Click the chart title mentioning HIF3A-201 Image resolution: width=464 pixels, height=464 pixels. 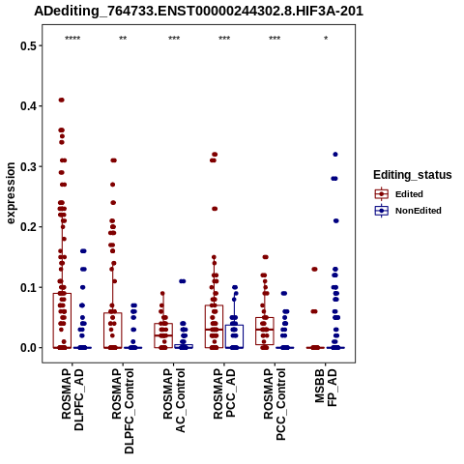199,12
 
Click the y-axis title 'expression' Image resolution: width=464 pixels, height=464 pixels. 11,193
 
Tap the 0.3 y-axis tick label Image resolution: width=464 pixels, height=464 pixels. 28,166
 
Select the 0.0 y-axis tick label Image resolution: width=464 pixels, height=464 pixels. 28,348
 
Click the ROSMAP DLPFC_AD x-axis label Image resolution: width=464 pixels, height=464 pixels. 72,399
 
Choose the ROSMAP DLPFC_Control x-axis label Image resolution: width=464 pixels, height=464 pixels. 123,411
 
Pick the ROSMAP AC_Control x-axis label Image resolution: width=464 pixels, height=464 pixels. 174,400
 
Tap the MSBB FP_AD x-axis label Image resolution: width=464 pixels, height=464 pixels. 326,388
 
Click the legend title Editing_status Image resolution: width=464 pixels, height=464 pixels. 413,175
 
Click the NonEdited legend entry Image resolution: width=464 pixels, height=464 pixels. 408,211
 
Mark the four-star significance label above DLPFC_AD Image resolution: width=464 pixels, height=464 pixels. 72,39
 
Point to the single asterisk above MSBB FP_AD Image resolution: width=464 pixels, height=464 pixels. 326,39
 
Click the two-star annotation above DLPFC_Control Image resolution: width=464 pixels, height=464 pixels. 123,39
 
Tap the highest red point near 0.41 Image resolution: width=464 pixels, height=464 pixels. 62,100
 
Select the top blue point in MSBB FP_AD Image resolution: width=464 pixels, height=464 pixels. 335,155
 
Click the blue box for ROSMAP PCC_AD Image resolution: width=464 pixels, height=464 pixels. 234,336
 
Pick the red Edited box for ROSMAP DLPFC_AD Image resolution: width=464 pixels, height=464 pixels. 62,321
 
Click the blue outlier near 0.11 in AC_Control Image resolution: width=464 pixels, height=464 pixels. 183,281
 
